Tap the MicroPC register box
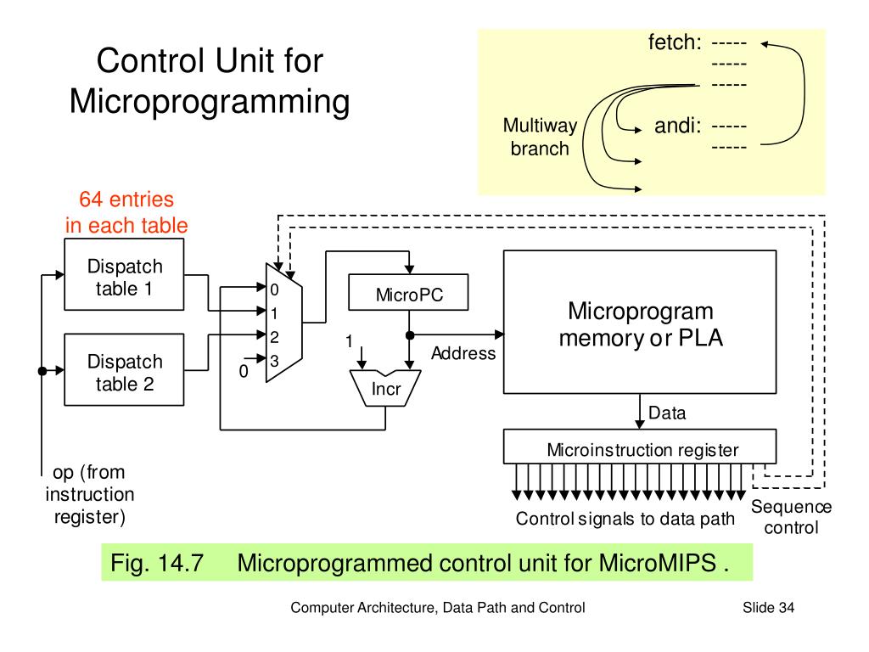click(x=409, y=295)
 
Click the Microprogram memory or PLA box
click(x=640, y=322)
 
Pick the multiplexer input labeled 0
click(x=274, y=289)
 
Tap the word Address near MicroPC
click(x=463, y=353)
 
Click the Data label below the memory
click(x=667, y=413)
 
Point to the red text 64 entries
click(x=126, y=200)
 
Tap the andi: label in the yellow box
click(x=676, y=127)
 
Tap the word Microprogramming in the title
click(x=209, y=102)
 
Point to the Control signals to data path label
click(x=625, y=519)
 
